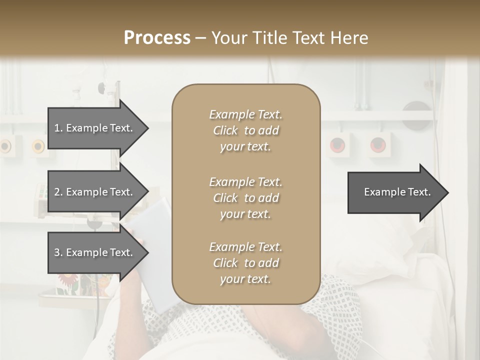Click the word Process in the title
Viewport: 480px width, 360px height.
(157, 38)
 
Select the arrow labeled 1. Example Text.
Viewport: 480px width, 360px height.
(95, 128)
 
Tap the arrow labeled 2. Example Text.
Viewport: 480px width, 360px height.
(95, 192)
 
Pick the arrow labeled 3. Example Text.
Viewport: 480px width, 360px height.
(95, 252)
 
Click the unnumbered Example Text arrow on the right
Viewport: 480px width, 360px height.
(397, 192)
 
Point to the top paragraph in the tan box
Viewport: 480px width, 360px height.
(245, 130)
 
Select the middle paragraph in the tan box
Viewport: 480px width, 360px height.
(245, 198)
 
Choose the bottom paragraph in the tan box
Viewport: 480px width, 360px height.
(245, 263)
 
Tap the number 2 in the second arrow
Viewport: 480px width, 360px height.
(57, 192)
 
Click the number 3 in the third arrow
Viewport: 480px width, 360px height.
(57, 252)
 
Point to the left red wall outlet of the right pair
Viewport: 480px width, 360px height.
(337, 145)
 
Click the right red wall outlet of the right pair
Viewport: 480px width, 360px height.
(378, 145)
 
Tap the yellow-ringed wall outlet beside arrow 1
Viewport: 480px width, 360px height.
(38, 146)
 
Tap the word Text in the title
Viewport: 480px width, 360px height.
(314, 38)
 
